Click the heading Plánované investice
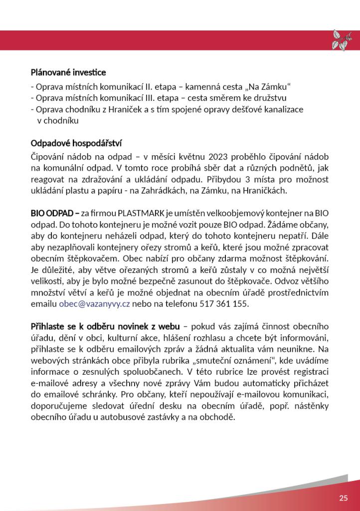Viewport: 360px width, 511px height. pos(68,73)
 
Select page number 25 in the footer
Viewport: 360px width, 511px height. pos(343,498)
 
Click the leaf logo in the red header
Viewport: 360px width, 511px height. pos(342,40)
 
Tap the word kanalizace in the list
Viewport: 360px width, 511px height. pos(283,109)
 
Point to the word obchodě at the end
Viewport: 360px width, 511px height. pos(214,417)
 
